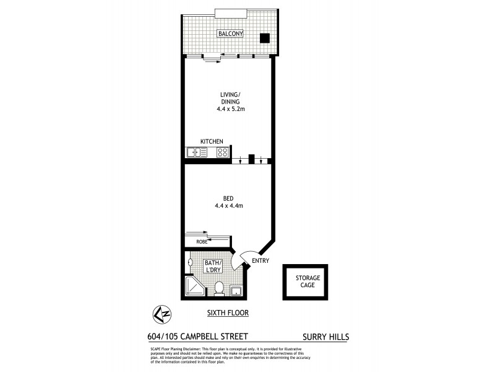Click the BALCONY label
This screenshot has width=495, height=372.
(x=228, y=33)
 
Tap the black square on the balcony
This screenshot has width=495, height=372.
(x=264, y=37)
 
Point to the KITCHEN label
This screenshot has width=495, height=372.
(x=211, y=141)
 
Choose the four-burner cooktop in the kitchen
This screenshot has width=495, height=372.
(x=222, y=152)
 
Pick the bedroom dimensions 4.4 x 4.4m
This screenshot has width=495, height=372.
(x=228, y=205)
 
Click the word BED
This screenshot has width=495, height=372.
(x=228, y=198)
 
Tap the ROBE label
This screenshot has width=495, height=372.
(x=202, y=241)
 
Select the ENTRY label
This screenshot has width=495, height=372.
(x=260, y=262)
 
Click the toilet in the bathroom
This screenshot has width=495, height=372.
(x=218, y=288)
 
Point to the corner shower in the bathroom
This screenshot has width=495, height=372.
(x=194, y=286)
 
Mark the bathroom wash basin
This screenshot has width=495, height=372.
(x=189, y=263)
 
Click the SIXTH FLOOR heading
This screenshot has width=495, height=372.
(x=228, y=313)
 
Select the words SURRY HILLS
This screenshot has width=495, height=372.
(x=326, y=337)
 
